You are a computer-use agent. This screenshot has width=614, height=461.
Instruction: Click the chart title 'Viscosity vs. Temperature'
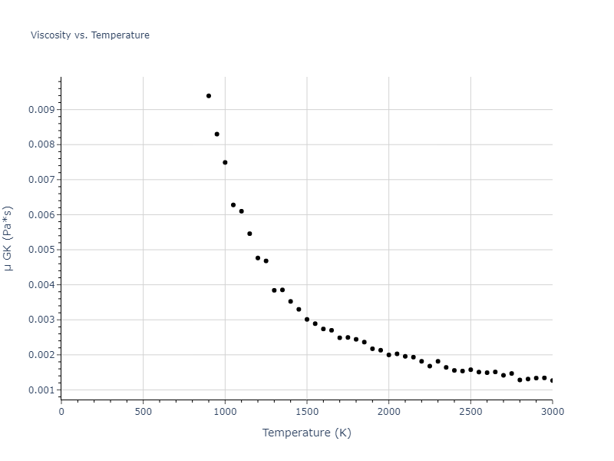90,35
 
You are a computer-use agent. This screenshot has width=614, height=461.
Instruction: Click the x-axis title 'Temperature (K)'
306,433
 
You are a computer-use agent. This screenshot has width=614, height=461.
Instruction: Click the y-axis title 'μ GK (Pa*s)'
9,238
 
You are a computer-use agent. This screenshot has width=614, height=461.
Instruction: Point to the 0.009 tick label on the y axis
41,110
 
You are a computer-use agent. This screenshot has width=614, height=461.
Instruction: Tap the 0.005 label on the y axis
41,250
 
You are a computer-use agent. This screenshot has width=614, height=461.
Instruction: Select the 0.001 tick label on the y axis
41,390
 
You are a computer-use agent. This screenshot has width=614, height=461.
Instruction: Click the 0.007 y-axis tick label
41,180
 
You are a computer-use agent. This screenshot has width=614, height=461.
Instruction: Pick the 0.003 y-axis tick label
41,320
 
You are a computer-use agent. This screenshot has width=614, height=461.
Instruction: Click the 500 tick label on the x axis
143,412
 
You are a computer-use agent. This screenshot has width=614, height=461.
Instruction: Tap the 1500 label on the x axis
307,412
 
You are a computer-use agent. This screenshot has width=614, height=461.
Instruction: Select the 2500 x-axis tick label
470,412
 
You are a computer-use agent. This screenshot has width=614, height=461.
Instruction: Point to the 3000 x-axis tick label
552,412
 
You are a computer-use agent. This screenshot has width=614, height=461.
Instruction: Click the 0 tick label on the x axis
61,412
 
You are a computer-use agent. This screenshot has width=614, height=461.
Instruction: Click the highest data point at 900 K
209,96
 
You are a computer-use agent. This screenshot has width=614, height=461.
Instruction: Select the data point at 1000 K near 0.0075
225,162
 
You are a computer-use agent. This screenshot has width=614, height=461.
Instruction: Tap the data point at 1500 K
307,320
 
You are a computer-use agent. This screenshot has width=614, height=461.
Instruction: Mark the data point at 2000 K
389,355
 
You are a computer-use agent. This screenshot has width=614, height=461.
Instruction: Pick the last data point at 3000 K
552,380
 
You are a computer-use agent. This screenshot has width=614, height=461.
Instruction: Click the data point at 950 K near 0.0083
217,134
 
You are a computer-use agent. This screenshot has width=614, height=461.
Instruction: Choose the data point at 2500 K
470,370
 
